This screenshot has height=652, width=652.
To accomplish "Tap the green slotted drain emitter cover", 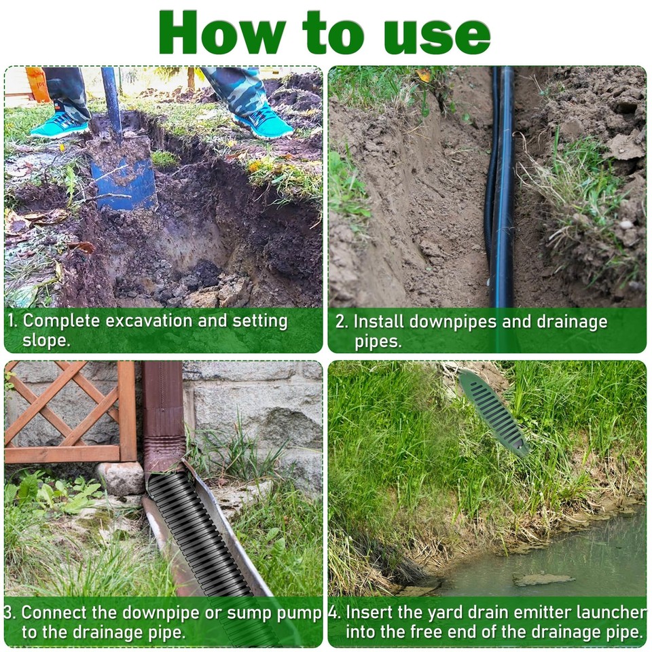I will pos(493,412).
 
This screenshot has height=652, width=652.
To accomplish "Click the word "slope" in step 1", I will pos(46,341).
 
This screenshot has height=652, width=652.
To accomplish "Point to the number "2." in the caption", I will pos(342,322).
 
